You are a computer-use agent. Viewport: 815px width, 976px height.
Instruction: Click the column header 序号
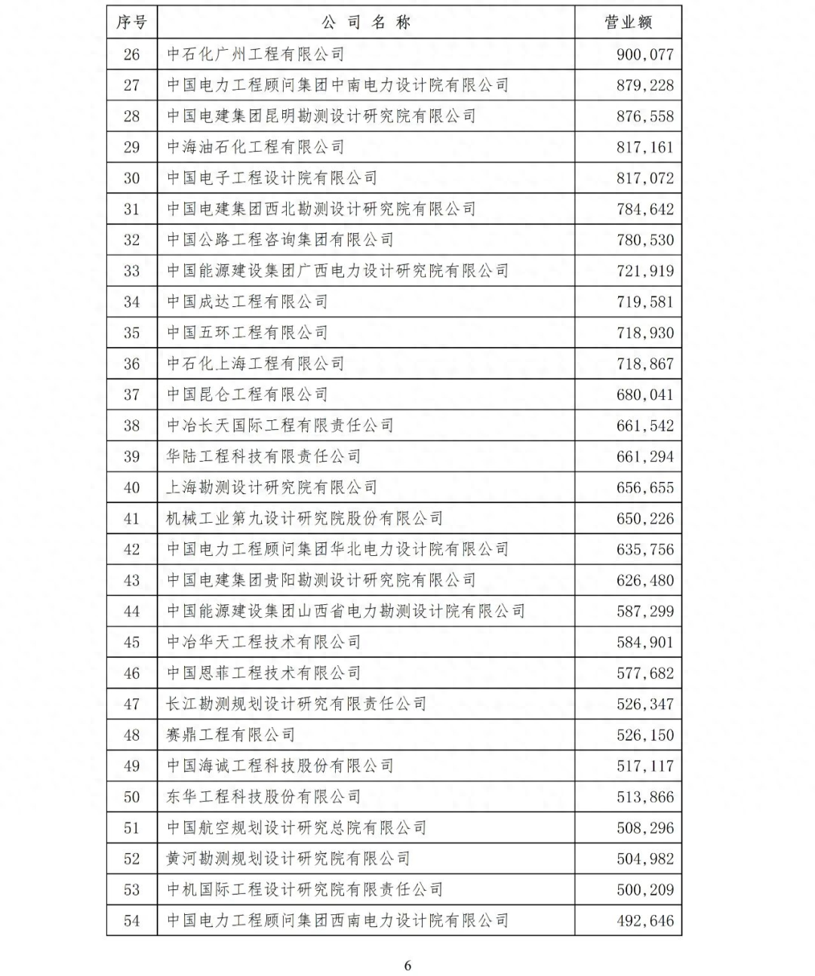tap(131, 23)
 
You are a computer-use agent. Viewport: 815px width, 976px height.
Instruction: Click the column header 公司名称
tap(366, 23)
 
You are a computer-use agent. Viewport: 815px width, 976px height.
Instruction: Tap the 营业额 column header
tap(628, 23)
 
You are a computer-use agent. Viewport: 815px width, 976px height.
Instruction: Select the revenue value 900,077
tap(644, 54)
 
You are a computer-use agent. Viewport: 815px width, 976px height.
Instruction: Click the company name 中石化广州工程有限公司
tap(255, 54)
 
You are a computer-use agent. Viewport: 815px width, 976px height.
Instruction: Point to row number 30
tap(131, 178)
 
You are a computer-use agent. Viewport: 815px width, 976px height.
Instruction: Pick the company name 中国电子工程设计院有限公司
tap(272, 178)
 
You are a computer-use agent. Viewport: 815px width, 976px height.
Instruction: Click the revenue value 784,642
tap(644, 209)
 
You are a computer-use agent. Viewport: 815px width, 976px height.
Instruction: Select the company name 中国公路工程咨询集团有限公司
tap(280, 240)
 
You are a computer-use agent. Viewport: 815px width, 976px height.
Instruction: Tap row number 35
tap(131, 333)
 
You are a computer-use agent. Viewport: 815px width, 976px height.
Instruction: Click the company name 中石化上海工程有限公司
tap(255, 364)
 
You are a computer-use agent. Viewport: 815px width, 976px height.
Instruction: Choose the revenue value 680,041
tap(644, 394)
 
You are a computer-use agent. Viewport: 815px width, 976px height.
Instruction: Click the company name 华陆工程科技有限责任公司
tap(263, 456)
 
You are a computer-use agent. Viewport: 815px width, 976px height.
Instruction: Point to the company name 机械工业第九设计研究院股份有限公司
tap(304, 518)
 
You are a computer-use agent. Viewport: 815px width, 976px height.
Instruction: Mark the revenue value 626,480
tap(644, 580)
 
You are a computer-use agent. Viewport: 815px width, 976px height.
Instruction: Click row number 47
tap(131, 704)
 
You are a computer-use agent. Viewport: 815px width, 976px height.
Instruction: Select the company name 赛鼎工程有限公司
tap(230, 735)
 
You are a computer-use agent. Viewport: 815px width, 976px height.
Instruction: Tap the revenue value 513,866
tap(644, 796)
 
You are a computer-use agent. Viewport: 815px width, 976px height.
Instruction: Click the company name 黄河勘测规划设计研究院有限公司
tap(288, 858)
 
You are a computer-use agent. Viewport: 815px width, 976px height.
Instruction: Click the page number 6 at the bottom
tap(407, 965)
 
